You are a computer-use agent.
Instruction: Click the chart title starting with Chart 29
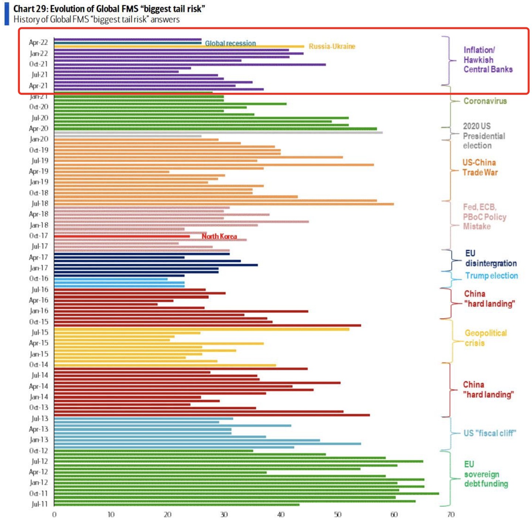click(x=109, y=9)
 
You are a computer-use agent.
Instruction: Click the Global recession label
click(x=230, y=43)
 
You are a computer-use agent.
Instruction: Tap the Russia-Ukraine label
click(x=332, y=46)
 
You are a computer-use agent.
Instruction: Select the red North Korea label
click(x=219, y=236)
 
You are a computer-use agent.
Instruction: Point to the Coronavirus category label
click(x=485, y=101)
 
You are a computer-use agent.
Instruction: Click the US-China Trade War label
click(x=480, y=168)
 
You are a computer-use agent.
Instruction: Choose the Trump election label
click(x=491, y=275)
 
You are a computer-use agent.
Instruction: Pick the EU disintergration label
click(x=491, y=258)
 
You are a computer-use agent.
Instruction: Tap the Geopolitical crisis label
click(x=485, y=338)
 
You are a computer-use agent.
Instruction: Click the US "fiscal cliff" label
click(x=490, y=433)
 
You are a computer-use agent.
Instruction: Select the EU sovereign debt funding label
click(x=486, y=474)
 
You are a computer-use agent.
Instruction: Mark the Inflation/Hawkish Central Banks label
click(x=488, y=59)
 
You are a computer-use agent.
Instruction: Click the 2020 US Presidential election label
click(x=484, y=136)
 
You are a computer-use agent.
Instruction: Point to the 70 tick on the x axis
click(x=451, y=515)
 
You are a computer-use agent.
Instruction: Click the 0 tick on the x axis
click(x=54, y=515)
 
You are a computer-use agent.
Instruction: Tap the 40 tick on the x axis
click(x=281, y=515)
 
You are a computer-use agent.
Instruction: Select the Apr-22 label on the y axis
click(x=38, y=42)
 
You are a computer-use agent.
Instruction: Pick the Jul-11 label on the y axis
click(x=39, y=504)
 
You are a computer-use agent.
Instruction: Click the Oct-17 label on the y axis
click(x=38, y=236)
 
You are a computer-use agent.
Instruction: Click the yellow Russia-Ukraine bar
click(x=179, y=47)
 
